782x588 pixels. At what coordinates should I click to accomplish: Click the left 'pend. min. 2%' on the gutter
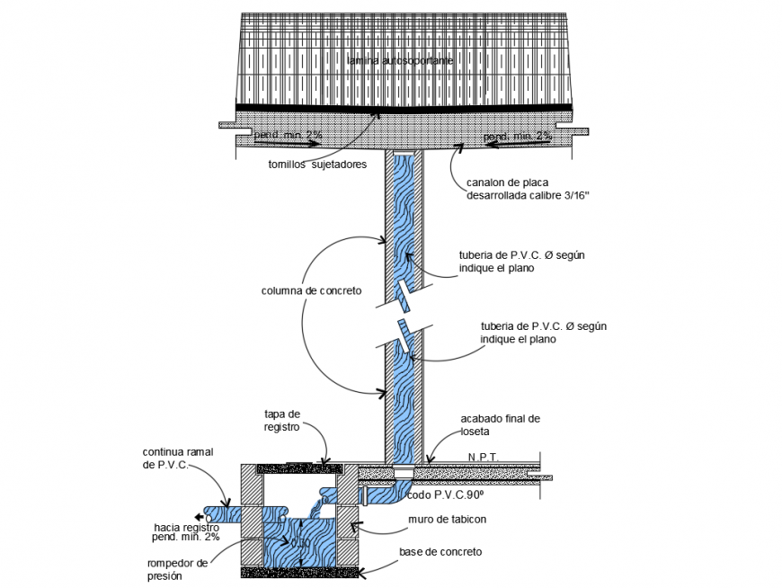(x=288, y=135)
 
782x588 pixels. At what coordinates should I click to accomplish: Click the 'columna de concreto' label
(x=311, y=291)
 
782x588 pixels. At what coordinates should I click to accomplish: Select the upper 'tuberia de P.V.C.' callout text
(x=520, y=261)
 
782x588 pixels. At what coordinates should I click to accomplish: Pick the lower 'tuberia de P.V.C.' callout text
(x=530, y=333)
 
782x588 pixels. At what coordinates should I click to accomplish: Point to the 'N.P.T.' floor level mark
(x=483, y=457)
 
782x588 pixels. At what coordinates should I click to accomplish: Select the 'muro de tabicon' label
(x=446, y=519)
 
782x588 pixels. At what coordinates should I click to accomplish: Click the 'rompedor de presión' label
(x=177, y=568)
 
